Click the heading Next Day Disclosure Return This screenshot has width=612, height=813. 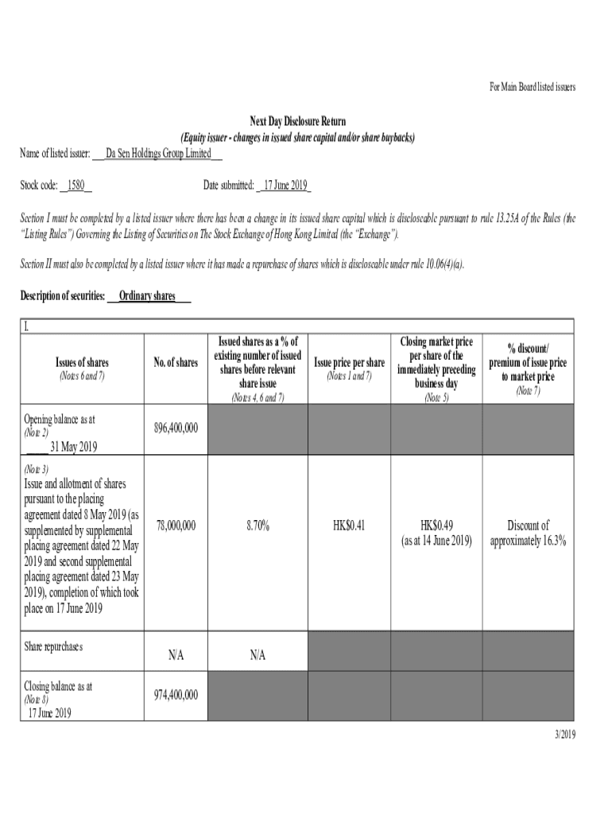point(298,121)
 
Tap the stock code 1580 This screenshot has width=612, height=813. point(76,185)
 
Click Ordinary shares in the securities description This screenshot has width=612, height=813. point(147,296)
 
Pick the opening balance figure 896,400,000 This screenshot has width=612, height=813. point(176,428)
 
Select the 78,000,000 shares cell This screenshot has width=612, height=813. point(176,526)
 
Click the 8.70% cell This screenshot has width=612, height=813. point(258,526)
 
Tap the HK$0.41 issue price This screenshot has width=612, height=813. point(350,526)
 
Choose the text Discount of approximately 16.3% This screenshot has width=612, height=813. point(528,534)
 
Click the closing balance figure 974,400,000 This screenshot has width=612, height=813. point(176,695)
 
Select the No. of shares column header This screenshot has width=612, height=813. point(176,363)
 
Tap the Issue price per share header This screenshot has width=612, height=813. point(350,363)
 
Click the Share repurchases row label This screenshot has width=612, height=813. point(53,646)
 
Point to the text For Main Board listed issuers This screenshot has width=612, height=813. point(532,87)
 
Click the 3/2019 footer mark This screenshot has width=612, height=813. point(564,734)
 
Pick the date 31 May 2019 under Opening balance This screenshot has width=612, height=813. point(73,447)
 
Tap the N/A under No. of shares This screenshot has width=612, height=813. point(176,656)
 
